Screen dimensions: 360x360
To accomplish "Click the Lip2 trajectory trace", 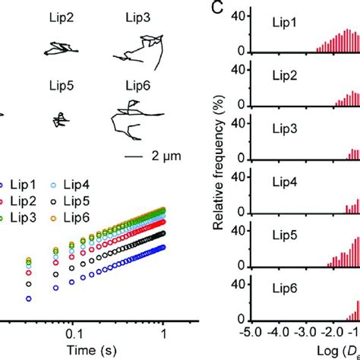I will (58, 49).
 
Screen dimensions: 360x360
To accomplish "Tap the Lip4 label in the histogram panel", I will (285, 182).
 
